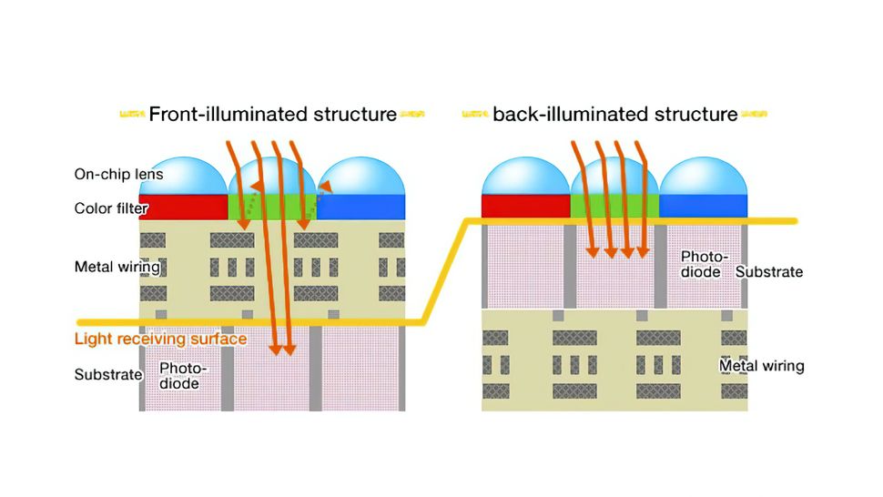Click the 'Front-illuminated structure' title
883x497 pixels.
(x=272, y=115)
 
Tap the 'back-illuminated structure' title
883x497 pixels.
(x=614, y=115)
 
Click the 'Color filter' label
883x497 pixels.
(x=111, y=208)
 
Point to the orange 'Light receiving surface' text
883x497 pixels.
(x=161, y=340)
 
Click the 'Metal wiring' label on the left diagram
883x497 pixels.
(x=117, y=267)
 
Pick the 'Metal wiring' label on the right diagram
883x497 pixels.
(x=762, y=366)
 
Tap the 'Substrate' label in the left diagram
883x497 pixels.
(x=108, y=374)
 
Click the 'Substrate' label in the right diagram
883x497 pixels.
(x=769, y=271)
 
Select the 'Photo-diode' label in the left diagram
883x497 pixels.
(x=183, y=376)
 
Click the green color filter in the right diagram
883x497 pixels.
(x=614, y=207)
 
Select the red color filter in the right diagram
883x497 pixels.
(x=525, y=207)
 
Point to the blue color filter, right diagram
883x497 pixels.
(x=704, y=207)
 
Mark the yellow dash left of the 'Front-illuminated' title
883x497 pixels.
(x=133, y=115)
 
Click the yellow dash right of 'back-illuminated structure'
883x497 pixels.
(x=754, y=115)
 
